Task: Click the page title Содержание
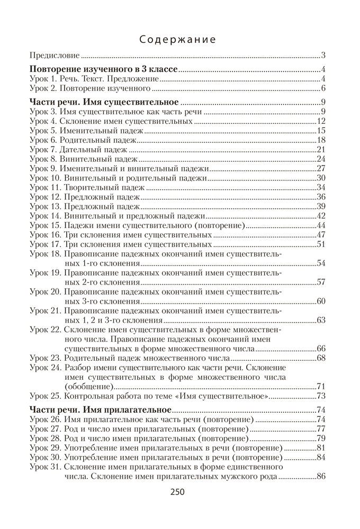[x=177, y=40]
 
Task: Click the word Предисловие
[x=55, y=55]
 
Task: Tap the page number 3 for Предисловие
[x=322, y=55]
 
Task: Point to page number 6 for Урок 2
[x=322, y=88]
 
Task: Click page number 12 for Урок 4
[x=320, y=121]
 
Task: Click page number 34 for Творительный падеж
[x=320, y=187]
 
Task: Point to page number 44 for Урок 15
[x=320, y=225]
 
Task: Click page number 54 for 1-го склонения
[x=320, y=263]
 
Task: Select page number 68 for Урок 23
[x=320, y=358]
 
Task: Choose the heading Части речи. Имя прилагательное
[x=100, y=410]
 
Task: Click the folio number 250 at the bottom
[x=177, y=492]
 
